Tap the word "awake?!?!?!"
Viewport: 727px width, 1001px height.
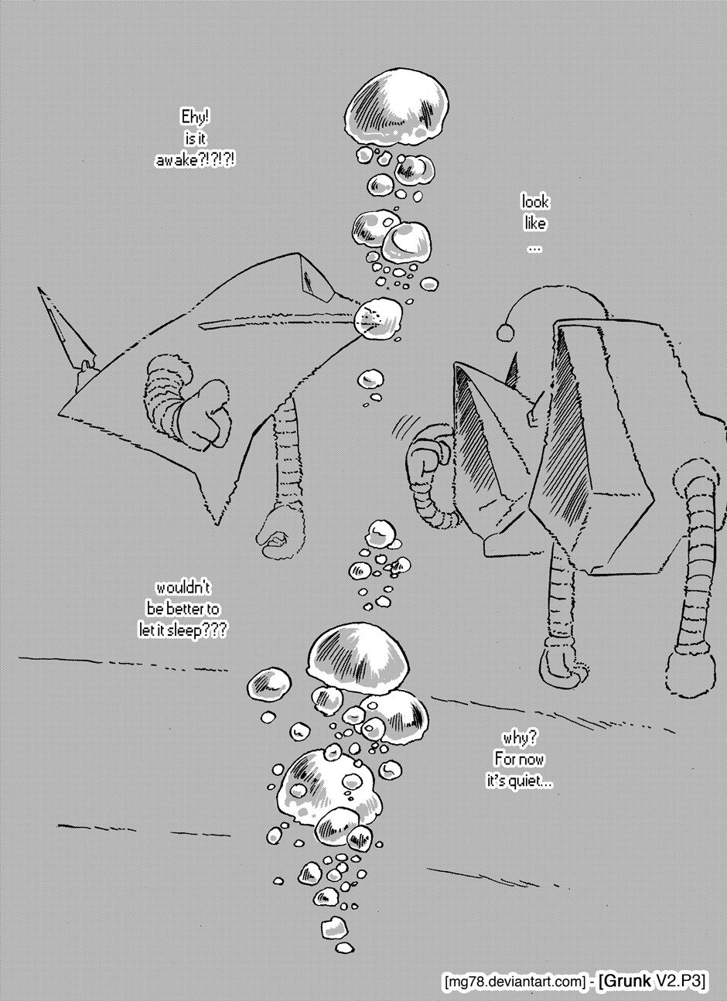tap(195, 159)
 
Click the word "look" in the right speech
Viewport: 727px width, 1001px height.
tap(535, 202)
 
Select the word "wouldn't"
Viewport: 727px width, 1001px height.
tap(183, 588)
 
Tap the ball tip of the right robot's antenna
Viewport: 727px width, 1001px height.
tap(505, 332)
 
